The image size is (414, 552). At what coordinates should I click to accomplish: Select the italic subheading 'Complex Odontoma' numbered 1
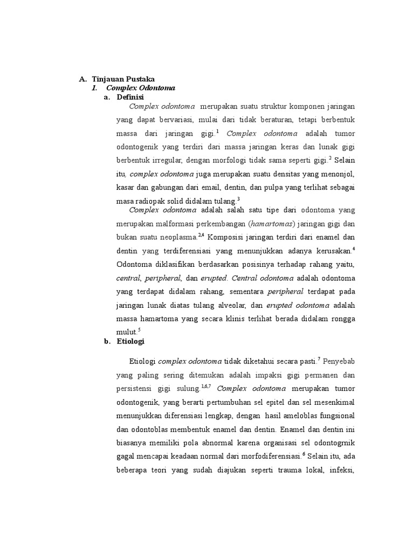[x=141, y=87]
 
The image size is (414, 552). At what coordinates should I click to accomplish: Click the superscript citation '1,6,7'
[x=206, y=386]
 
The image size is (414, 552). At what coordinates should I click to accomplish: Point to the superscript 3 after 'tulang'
[x=238, y=198]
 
